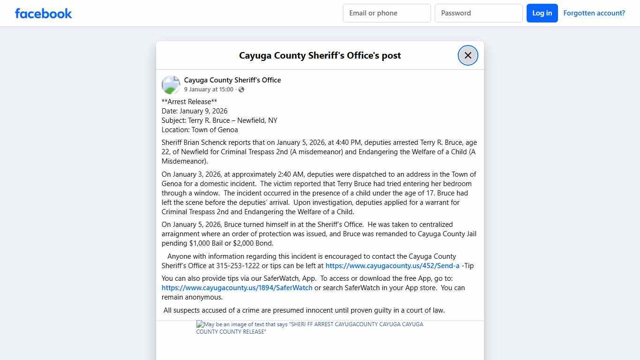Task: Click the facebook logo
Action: coord(44,13)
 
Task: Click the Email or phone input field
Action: coord(387,13)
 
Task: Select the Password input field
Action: coord(478,13)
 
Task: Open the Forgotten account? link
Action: coord(594,13)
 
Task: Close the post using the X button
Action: coord(468,55)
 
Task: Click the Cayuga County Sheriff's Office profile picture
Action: coord(171,85)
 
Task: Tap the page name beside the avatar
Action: coord(232,80)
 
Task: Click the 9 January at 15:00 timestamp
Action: coord(208,90)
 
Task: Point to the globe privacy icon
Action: coord(241,90)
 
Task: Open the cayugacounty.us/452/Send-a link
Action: coord(392,266)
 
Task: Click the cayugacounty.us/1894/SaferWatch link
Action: coord(237,288)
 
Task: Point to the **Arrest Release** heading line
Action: coord(189,102)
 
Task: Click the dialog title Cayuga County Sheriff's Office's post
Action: coord(320,55)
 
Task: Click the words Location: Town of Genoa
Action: coord(200,130)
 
